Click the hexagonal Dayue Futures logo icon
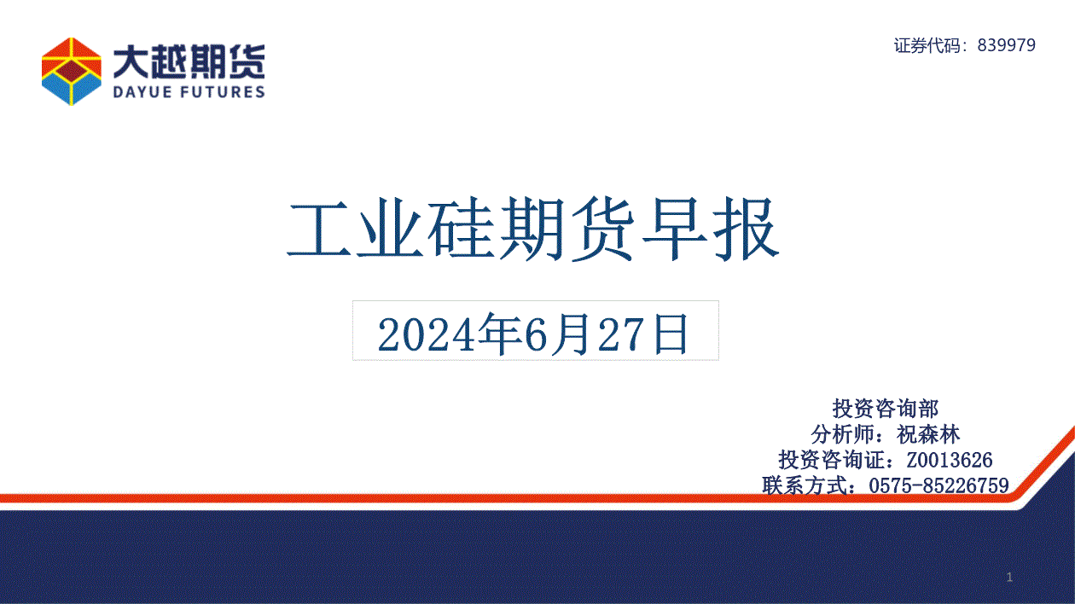[72, 72]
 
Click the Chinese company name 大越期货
[189, 61]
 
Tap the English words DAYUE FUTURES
[189, 91]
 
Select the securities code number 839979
[1007, 45]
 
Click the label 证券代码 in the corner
[927, 45]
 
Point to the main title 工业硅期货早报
[532, 229]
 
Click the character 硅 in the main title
[462, 229]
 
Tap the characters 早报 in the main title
[710, 229]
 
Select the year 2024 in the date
[426, 334]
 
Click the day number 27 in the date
[621, 334]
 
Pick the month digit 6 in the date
[536, 334]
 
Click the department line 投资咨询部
[885, 409]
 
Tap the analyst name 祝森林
[928, 434]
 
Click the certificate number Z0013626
[950, 460]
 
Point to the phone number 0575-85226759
[938, 485]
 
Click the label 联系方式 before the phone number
[805, 485]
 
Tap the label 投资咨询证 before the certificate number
[831, 460]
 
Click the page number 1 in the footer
[1010, 578]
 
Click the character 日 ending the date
[671, 334]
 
